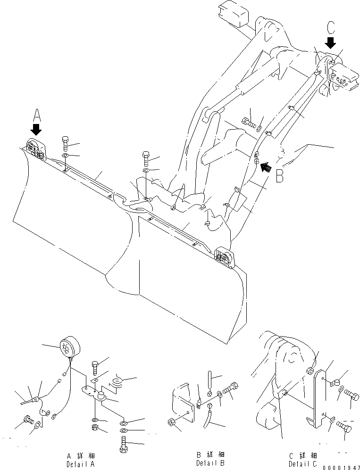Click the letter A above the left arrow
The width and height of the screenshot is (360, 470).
pyautogui.click(x=36, y=115)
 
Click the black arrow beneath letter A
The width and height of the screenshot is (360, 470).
pyautogui.click(x=36, y=129)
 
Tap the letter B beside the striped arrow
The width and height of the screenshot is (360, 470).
pyautogui.click(x=280, y=175)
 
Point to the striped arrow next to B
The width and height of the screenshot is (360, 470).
pyautogui.click(x=266, y=166)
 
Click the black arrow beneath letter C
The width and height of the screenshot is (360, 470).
pyautogui.click(x=331, y=43)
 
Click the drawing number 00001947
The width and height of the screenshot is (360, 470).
pyautogui.click(x=342, y=467)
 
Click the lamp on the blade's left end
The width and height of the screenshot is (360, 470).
pyautogui.click(x=35, y=147)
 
